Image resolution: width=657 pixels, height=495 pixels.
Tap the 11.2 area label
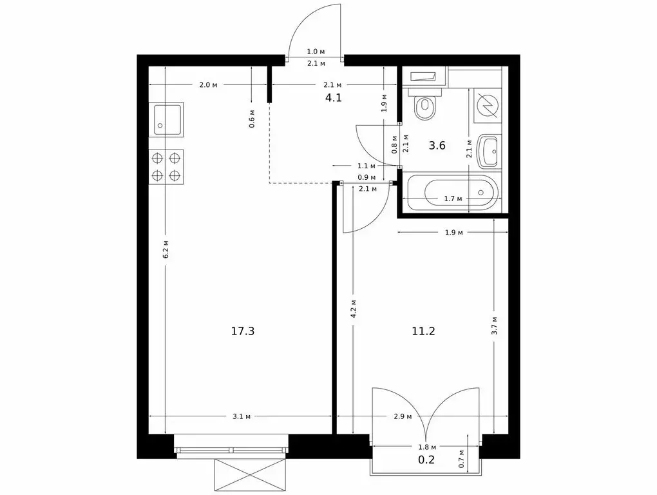(424, 331)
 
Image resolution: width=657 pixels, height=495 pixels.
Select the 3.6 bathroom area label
(437, 145)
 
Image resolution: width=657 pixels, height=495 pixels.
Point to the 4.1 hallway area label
(333, 98)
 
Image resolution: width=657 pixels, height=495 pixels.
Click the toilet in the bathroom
(425, 106)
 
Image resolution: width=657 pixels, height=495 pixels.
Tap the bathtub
(453, 192)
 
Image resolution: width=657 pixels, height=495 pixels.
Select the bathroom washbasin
(488, 152)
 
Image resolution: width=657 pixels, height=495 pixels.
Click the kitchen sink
(167, 119)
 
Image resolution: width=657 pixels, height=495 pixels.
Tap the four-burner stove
(166, 166)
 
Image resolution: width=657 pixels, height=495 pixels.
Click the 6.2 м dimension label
(166, 249)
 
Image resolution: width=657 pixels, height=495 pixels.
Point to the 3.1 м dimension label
(241, 416)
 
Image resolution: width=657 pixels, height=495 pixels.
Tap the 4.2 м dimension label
(354, 306)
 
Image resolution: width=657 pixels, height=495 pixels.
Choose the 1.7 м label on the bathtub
(453, 199)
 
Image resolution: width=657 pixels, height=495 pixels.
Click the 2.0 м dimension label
(208, 84)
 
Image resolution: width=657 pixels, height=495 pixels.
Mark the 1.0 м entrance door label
(315, 51)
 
